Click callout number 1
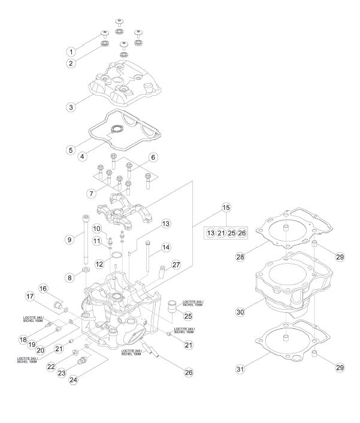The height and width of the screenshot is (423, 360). coord(71,52)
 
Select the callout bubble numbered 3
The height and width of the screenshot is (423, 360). coord(71,107)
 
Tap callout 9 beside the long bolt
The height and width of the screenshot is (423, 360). coord(69,239)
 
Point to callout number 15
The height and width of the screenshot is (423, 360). coord(226,207)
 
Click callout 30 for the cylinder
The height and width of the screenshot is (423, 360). coord(240,312)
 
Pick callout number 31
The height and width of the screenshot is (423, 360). coord(240,368)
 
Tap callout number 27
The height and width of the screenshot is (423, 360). coord(176,265)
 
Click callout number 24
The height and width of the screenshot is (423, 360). coord(73,380)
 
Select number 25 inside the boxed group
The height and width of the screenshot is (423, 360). coord(232,233)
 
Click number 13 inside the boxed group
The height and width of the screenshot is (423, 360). coord(211,233)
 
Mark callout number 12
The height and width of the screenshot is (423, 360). coord(99,264)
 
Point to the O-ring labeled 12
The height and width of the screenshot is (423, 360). coord(116,255)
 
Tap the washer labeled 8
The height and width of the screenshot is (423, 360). coord(86,270)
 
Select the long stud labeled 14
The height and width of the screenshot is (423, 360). coord(147,256)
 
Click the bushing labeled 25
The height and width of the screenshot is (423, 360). coord(171,306)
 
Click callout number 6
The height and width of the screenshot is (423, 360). coord(153,157)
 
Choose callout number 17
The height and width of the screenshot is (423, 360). coord(30,297)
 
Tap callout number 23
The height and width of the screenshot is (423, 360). coord(62,373)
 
